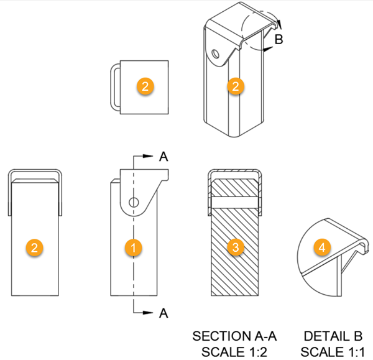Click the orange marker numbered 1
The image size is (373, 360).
tap(133, 247)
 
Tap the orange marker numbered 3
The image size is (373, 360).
tap(236, 247)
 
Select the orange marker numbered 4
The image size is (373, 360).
tap(322, 247)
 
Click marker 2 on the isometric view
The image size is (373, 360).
tap(236, 86)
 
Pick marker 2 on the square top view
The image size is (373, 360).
tap(145, 86)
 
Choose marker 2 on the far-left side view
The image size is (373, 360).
tap(34, 247)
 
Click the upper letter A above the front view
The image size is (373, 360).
tap(163, 157)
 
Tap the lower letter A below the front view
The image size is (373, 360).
tap(163, 313)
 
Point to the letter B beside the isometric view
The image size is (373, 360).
tap(279, 39)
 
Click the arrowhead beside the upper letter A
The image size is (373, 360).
tap(148, 156)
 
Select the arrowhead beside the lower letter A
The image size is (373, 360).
tap(148, 312)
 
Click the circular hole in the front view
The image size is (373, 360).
tap(134, 203)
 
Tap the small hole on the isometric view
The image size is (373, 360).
tap(216, 53)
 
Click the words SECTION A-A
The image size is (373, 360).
tap(234, 336)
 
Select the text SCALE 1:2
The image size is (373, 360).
tap(234, 352)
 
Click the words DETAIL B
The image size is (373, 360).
tap(333, 336)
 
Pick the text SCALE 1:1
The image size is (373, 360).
tap(333, 352)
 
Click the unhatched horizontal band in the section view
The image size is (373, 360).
tap(235, 201)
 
